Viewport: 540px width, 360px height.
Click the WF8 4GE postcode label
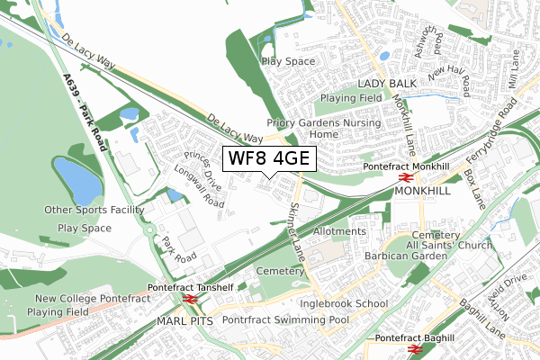point(269,159)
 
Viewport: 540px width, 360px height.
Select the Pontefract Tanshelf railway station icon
point(190,299)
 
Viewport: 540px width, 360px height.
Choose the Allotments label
point(339,231)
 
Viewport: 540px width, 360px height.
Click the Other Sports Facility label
point(94,210)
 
